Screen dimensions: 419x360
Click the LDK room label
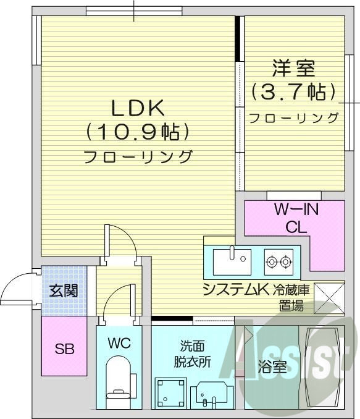point(137,108)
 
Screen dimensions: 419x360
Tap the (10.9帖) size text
point(137,132)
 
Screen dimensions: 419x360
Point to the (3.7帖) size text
point(293,93)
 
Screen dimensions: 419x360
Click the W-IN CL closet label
point(296,218)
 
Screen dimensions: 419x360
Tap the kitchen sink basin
point(231,261)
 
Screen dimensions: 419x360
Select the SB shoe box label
point(64,349)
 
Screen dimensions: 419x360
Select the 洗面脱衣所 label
point(192,354)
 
